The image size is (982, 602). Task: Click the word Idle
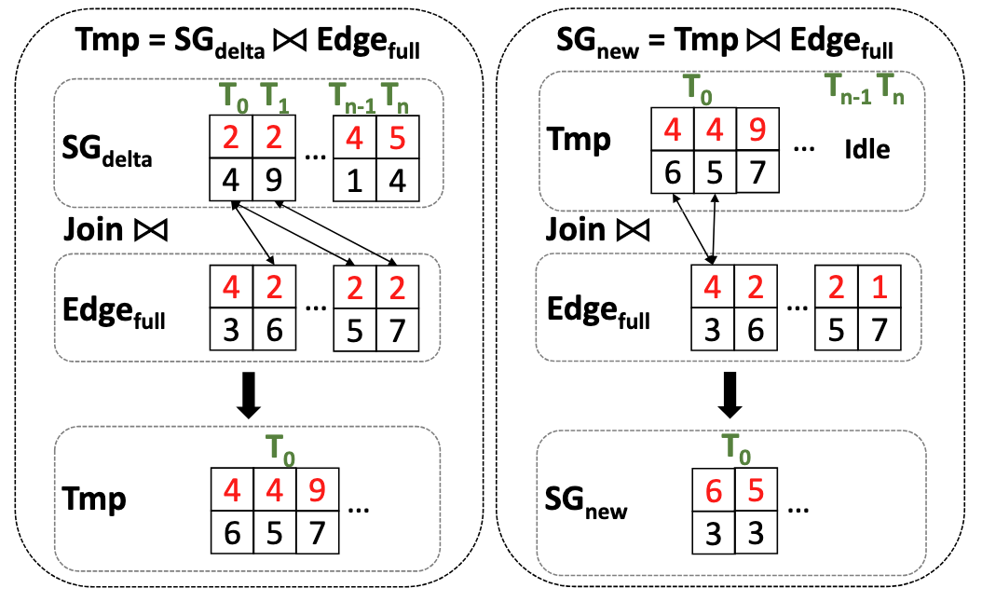(867, 149)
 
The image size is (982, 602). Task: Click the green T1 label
(273, 96)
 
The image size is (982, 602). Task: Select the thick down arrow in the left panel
(248, 396)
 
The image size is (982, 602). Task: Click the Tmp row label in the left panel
(94, 499)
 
